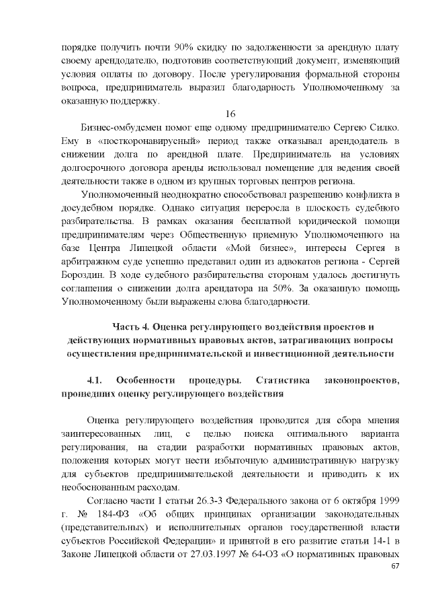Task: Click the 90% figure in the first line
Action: coord(182,49)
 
